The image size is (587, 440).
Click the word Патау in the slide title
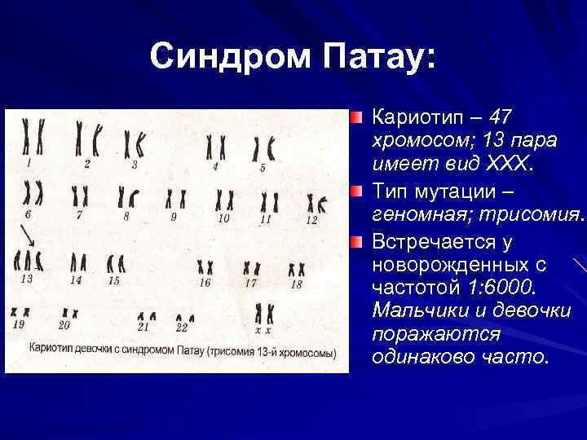tap(375, 57)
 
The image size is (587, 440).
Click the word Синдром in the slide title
tap(231, 57)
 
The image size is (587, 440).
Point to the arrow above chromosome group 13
tap(28, 235)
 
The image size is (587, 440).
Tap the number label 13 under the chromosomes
tap(27, 279)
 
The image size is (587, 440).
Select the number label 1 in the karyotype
tap(29, 163)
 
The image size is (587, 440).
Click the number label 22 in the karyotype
tap(182, 328)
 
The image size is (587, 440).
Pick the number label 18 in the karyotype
tap(296, 284)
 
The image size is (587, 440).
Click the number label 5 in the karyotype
tap(263, 168)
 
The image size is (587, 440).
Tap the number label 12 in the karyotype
tap(311, 220)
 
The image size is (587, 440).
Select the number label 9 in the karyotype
tap(174, 217)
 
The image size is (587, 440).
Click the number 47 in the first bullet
tap(500, 117)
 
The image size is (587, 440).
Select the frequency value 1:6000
tap(499, 288)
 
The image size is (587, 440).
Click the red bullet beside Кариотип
tap(356, 117)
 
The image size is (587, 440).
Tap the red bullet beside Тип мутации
tap(356, 192)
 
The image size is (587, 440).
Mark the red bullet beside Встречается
tap(356, 242)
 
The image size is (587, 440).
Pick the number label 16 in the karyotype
tap(205, 283)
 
